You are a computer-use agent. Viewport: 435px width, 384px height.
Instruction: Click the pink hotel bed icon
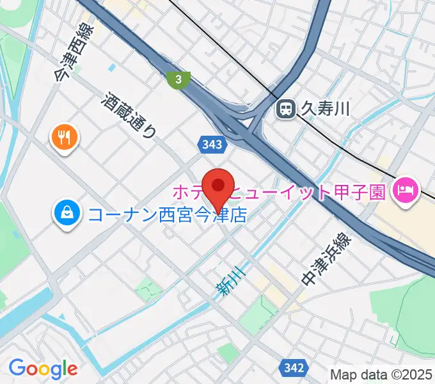click(x=406, y=189)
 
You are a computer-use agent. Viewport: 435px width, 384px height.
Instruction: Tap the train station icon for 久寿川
click(x=285, y=110)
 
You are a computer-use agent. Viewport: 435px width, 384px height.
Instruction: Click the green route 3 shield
click(x=179, y=79)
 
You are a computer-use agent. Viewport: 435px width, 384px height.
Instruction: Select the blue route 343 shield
click(x=211, y=145)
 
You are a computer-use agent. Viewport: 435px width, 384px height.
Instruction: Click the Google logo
click(x=43, y=368)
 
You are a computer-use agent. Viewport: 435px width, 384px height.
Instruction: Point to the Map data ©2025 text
click(x=382, y=374)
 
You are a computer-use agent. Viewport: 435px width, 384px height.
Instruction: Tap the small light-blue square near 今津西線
click(x=113, y=67)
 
